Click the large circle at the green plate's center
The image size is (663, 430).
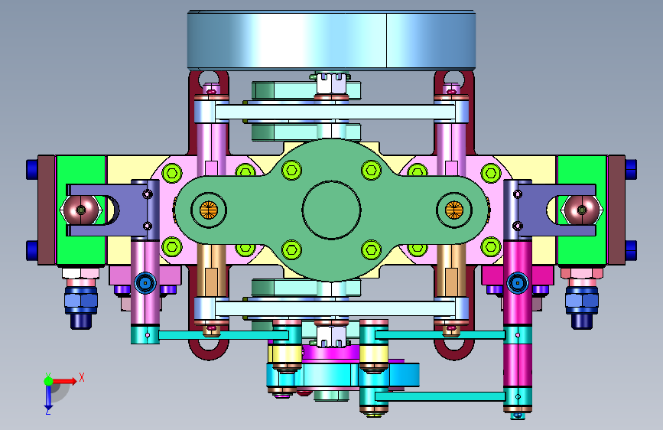point(332,181)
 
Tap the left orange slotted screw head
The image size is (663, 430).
point(209,210)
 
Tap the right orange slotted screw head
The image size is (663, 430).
point(454,210)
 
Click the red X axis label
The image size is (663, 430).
point(82,377)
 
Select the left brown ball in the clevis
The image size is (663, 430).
point(81,210)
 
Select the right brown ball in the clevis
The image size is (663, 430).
point(581,210)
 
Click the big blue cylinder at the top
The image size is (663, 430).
point(332,41)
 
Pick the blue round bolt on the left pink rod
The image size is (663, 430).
point(145,282)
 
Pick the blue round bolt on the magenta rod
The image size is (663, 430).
point(518,282)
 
